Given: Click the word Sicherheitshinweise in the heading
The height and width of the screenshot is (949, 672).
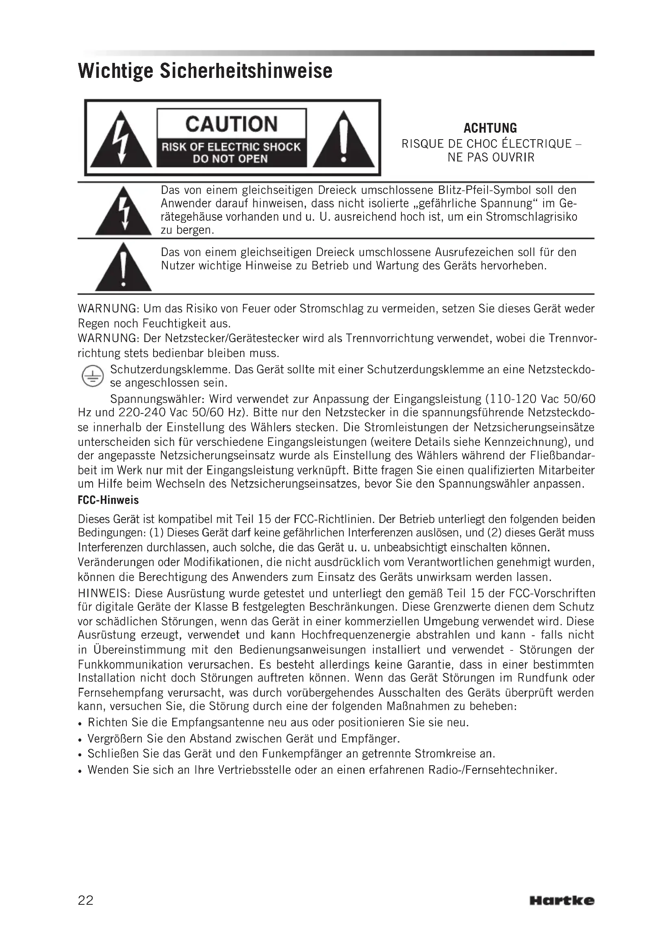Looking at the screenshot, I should pyautogui.click(x=246, y=71).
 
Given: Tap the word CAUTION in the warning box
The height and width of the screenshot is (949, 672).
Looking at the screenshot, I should pyautogui.click(x=231, y=124).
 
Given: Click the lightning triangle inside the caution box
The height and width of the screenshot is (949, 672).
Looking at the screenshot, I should pyautogui.click(x=121, y=140).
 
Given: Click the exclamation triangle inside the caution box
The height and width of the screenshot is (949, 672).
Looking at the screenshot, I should pyautogui.click(x=343, y=140).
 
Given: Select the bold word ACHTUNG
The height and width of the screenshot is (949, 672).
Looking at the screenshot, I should pyautogui.click(x=490, y=128).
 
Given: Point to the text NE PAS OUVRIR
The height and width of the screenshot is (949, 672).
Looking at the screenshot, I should pyautogui.click(x=491, y=157).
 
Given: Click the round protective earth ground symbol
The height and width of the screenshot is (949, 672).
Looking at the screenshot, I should pyautogui.click(x=92, y=377).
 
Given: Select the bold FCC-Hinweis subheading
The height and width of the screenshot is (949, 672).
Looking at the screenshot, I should pyautogui.click(x=108, y=501).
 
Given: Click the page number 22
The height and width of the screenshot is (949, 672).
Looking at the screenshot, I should pyautogui.click(x=86, y=900).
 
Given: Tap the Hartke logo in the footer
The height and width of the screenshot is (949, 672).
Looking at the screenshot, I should pyautogui.click(x=561, y=900).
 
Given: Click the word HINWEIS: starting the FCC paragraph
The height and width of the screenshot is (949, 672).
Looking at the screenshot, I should pyautogui.click(x=104, y=594).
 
